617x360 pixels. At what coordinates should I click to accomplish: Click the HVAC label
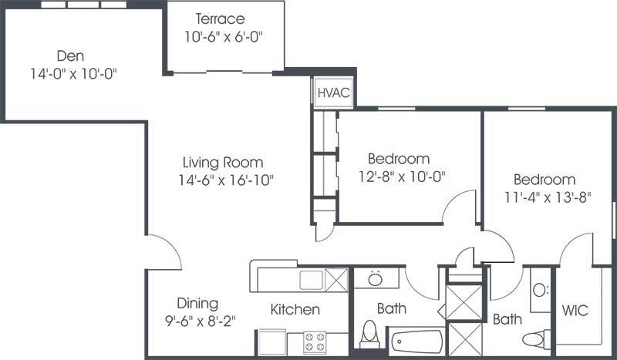tap(334, 93)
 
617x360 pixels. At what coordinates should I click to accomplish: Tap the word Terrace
tap(220, 19)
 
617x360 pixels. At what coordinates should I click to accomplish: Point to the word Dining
tap(197, 303)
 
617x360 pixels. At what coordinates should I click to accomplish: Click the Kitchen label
tap(295, 310)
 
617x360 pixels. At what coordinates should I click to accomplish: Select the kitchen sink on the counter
tap(311, 279)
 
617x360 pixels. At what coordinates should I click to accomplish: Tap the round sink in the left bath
tap(376, 278)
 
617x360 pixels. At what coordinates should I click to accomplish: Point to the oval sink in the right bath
tap(540, 291)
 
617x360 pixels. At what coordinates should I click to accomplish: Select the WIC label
tap(575, 311)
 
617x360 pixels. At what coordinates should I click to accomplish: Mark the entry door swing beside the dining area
tap(164, 253)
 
